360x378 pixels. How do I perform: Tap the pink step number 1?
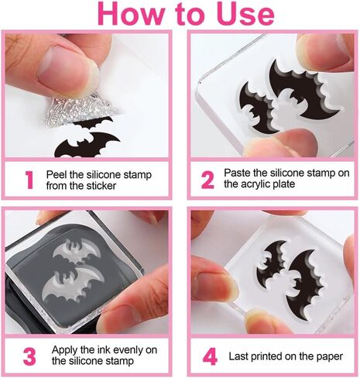pos(29,180)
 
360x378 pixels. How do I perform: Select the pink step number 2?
pos(207,180)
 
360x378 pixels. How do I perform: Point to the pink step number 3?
pos(29,356)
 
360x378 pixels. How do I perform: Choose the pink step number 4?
pos(210,356)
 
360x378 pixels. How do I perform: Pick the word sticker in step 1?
pos(101,186)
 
